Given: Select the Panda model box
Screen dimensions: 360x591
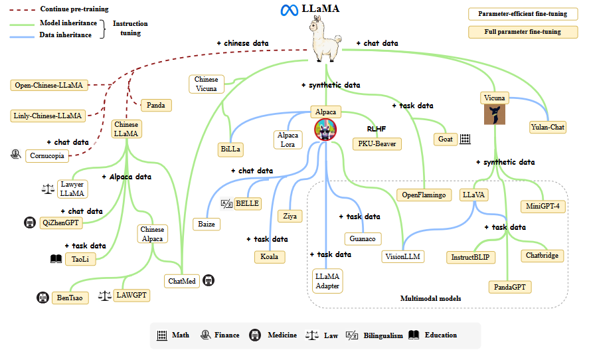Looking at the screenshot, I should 156,105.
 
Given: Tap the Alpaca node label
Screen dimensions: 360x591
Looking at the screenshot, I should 325,112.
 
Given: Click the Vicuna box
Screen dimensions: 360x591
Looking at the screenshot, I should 495,98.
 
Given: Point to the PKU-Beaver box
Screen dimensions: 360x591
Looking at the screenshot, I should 377,143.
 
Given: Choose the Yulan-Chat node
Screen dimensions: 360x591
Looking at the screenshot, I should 549,127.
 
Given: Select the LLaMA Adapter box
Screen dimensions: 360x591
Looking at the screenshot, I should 327,281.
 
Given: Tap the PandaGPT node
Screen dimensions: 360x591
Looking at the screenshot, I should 513,287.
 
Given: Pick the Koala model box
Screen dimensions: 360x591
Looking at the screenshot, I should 270,257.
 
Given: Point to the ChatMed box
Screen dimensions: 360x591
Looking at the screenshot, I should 182,281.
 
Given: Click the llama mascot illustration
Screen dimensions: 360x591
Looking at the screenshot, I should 325,40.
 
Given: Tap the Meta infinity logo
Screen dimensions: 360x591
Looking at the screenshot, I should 288,11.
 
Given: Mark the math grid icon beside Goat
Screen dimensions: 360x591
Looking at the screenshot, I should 465,139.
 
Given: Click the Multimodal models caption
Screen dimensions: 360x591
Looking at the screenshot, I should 430,299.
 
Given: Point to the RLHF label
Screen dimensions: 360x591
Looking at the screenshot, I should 377,129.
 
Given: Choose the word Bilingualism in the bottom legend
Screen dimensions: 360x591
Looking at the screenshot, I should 383,335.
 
